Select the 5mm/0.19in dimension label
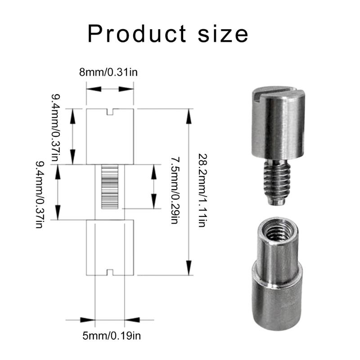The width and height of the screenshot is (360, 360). tap(110, 335)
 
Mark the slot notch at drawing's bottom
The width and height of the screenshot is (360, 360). tap(110, 271)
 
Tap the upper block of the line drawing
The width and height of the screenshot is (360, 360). tap(110, 137)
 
